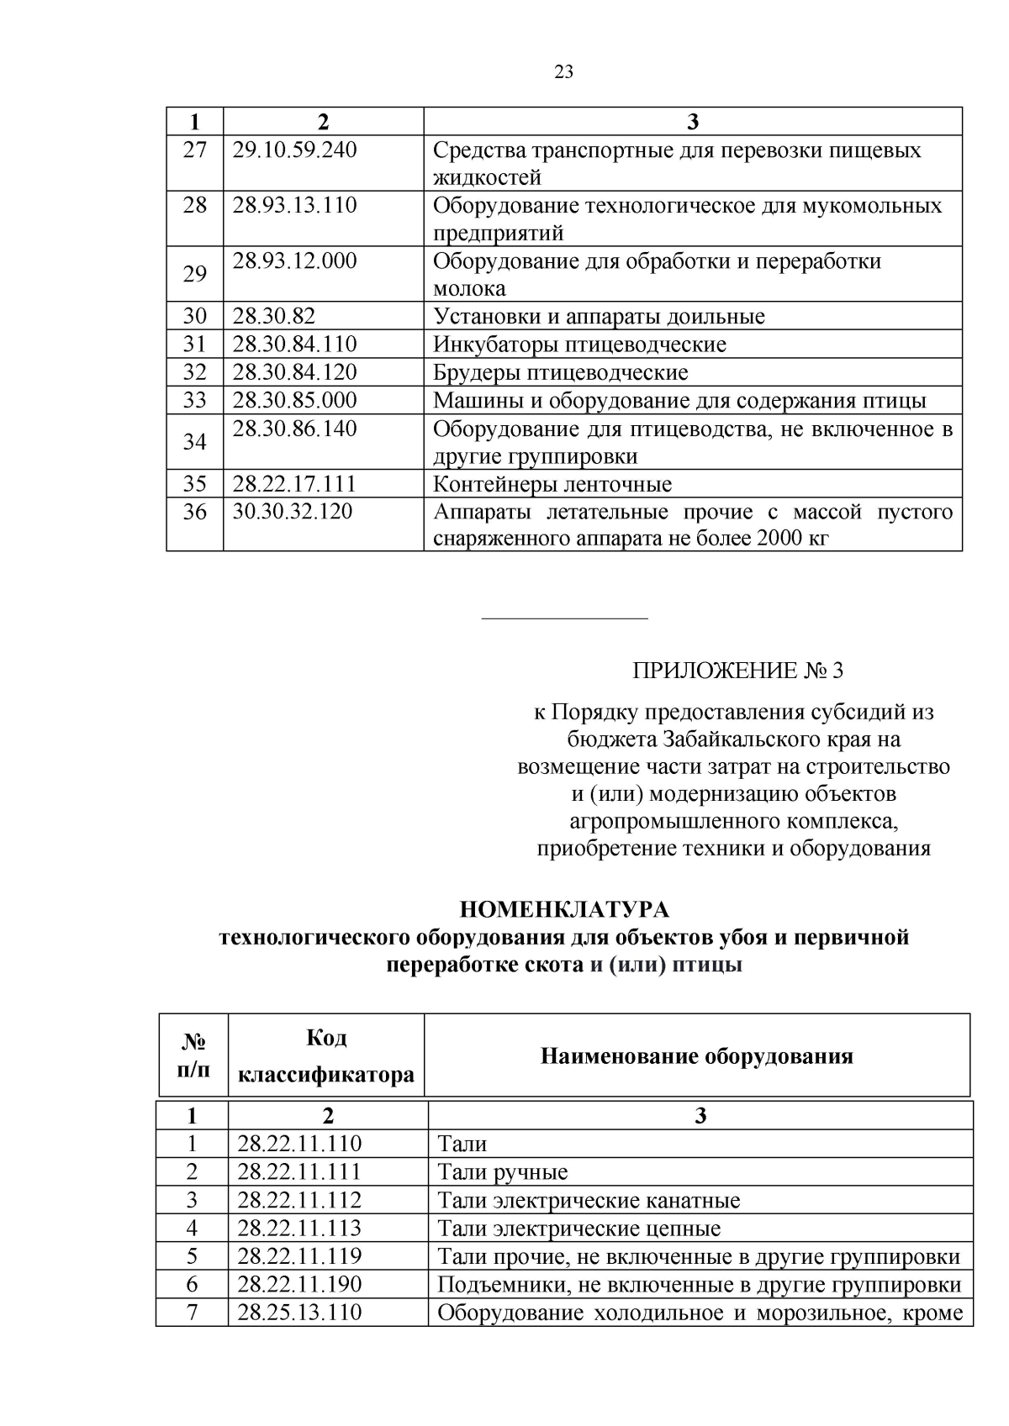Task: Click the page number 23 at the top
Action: [564, 72]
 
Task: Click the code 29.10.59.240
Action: [294, 150]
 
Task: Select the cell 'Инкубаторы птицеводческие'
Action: [579, 345]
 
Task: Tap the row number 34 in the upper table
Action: [194, 442]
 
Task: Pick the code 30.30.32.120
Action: [293, 512]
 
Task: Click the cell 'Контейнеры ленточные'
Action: [552, 485]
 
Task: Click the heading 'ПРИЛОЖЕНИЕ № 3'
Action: [737, 671]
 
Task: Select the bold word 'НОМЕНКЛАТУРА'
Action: [564, 910]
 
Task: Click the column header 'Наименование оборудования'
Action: [696, 1056]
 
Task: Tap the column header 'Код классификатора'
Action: [326, 1056]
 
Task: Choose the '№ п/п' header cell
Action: [194, 1056]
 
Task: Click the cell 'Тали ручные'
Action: [503, 1172]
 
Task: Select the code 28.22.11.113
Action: [299, 1228]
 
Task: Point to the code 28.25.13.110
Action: [299, 1313]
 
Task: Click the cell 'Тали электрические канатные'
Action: [589, 1200]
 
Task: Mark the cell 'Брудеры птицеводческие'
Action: [560, 372]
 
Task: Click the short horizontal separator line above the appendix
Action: [564, 619]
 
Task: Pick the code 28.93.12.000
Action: [294, 261]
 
